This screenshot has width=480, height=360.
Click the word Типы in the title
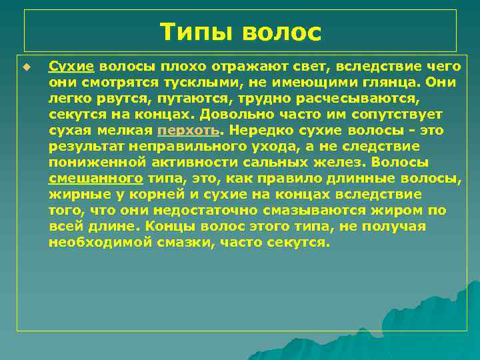click(x=195, y=31)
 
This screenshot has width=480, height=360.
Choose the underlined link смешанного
click(x=95, y=178)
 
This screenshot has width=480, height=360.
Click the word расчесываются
click(x=363, y=99)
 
